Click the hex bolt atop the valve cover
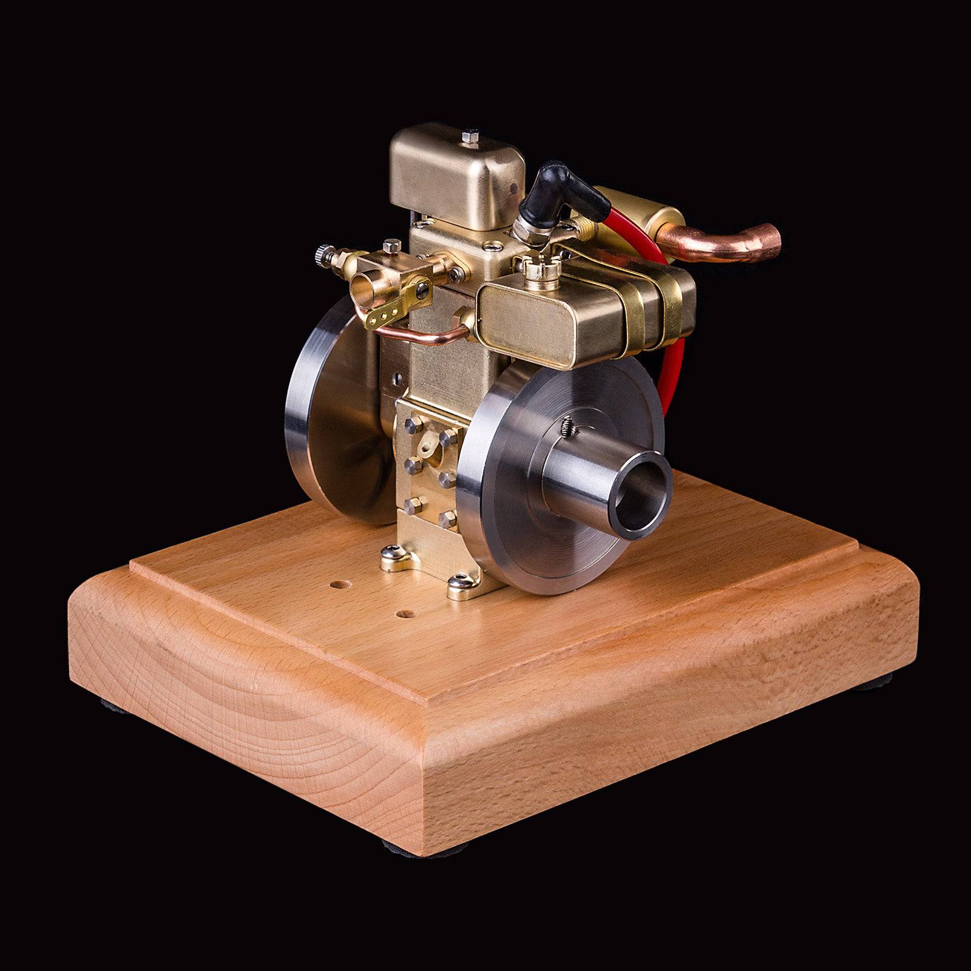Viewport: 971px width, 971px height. coord(470,138)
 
